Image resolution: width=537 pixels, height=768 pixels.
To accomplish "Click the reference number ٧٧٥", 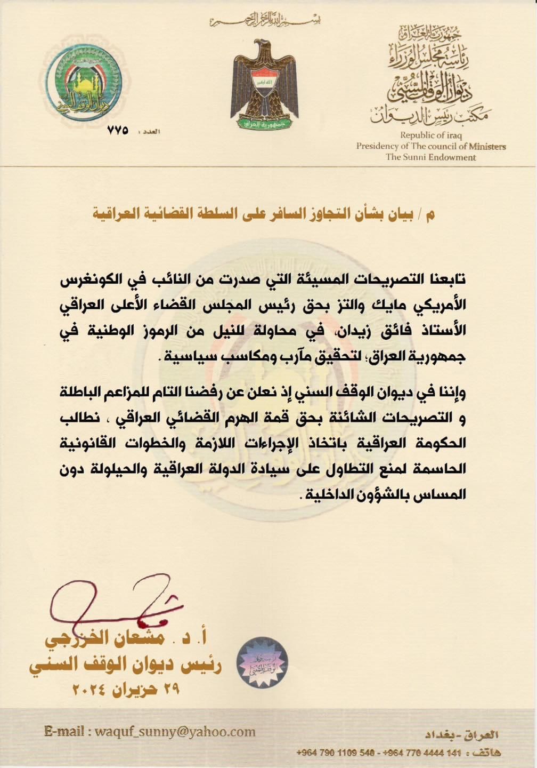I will (118, 130).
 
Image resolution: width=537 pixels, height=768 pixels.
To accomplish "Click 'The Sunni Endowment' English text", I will (430, 157).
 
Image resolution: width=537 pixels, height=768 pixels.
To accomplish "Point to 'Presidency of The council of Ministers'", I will (430, 146).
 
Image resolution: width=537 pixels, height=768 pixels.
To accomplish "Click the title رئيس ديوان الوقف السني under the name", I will (126, 665).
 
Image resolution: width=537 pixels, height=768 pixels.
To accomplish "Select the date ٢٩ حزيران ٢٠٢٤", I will (126, 689).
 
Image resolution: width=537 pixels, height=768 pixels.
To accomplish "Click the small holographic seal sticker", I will (262, 661).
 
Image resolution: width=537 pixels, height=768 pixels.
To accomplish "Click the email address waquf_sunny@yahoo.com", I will (150, 732).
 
